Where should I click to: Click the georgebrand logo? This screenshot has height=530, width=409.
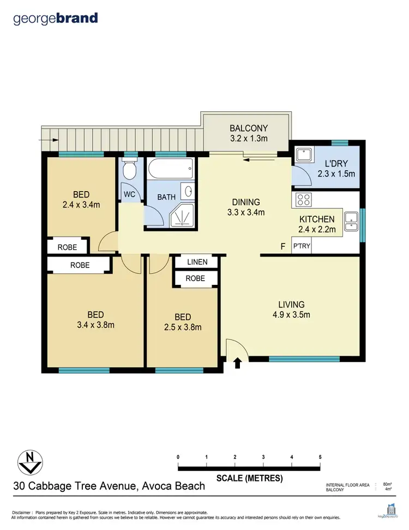click(56, 18)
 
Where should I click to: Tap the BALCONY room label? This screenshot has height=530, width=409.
click(248, 129)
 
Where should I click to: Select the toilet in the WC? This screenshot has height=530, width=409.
click(129, 170)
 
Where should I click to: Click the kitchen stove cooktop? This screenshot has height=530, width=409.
click(303, 200)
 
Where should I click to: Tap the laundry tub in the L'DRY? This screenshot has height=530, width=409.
click(303, 154)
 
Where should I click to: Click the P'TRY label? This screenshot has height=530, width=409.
click(301, 247)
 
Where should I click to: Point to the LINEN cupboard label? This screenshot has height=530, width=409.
click(197, 262)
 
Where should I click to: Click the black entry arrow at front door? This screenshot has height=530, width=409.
click(238, 363)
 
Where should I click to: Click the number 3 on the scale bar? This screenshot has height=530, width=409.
click(263, 457)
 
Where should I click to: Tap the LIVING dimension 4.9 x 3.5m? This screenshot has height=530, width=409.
click(291, 314)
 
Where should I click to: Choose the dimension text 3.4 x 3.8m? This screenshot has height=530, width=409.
click(95, 325)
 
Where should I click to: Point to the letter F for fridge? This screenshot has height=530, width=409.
click(282, 247)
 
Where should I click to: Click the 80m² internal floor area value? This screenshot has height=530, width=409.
click(387, 484)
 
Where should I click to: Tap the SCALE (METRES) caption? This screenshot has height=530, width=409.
click(249, 478)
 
